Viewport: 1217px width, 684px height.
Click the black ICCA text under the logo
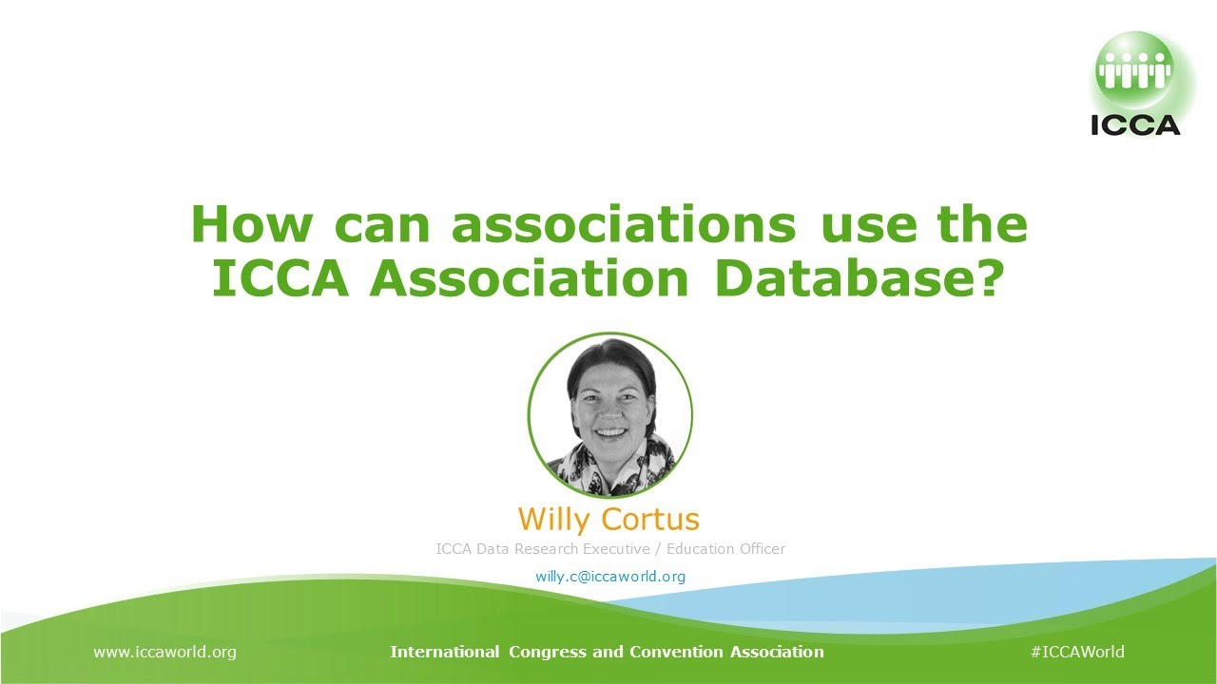pyautogui.click(x=1135, y=125)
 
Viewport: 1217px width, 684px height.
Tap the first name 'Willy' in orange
pyautogui.click(x=557, y=520)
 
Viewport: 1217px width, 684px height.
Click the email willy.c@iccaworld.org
pyautogui.click(x=610, y=576)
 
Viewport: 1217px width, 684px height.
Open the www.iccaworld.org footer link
pyautogui.click(x=164, y=652)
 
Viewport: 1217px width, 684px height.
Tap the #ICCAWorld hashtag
pyautogui.click(x=1077, y=652)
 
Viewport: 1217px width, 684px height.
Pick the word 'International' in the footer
pyautogui.click(x=444, y=652)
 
